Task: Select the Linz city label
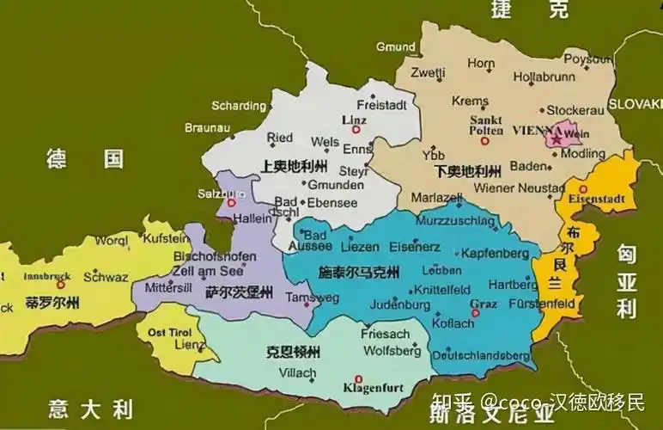click(354, 119)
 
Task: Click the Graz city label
click(483, 303)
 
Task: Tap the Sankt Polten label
click(485, 126)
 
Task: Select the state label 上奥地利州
click(294, 165)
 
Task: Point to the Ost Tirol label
click(168, 332)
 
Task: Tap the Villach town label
click(299, 373)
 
